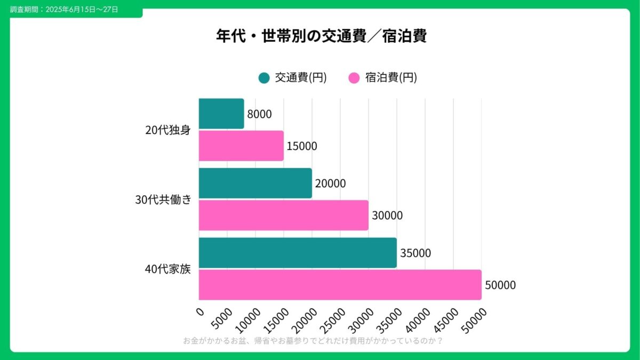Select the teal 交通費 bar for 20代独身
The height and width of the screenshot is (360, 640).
221,114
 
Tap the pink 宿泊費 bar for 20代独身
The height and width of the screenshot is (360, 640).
241,146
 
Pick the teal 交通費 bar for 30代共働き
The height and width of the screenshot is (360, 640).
255,183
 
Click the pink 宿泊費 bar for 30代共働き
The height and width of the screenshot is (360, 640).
283,215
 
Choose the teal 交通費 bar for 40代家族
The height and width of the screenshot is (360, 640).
298,253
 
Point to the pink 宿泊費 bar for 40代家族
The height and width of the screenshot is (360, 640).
340,285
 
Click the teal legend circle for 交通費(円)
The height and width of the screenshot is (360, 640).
264,78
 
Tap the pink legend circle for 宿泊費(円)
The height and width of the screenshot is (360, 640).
354,78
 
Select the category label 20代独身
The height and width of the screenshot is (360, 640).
167,130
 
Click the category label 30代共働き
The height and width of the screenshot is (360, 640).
163,199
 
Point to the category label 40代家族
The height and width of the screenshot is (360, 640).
167,269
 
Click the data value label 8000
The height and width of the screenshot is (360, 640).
259,114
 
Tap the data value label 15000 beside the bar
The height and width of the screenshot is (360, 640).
301,146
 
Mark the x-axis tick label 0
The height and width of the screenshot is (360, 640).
201,311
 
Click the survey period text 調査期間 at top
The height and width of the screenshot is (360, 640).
65,10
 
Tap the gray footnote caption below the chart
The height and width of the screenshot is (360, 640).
313,341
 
